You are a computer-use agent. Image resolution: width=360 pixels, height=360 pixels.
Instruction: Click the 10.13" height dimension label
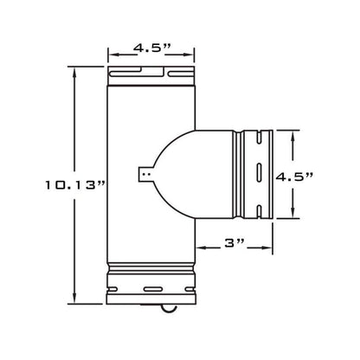pos(74,185)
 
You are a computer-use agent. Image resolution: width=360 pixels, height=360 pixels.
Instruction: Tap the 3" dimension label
pos(235,243)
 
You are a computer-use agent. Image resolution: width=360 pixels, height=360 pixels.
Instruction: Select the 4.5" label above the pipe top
pos(152,48)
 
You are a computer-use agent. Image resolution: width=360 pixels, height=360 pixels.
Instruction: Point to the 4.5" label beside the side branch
pos(294,177)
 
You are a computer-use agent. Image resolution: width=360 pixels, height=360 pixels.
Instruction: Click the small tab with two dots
pos(146,174)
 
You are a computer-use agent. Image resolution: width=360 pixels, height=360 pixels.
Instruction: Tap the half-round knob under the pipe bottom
pos(168,308)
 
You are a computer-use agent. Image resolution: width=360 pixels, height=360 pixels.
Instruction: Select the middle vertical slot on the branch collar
pos(259,172)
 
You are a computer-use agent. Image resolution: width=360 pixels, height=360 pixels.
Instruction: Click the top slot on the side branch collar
pos(259,137)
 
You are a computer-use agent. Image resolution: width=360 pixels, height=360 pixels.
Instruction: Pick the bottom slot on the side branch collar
pos(259,212)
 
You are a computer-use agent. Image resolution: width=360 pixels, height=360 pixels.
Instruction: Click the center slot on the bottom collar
pos(153,289)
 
